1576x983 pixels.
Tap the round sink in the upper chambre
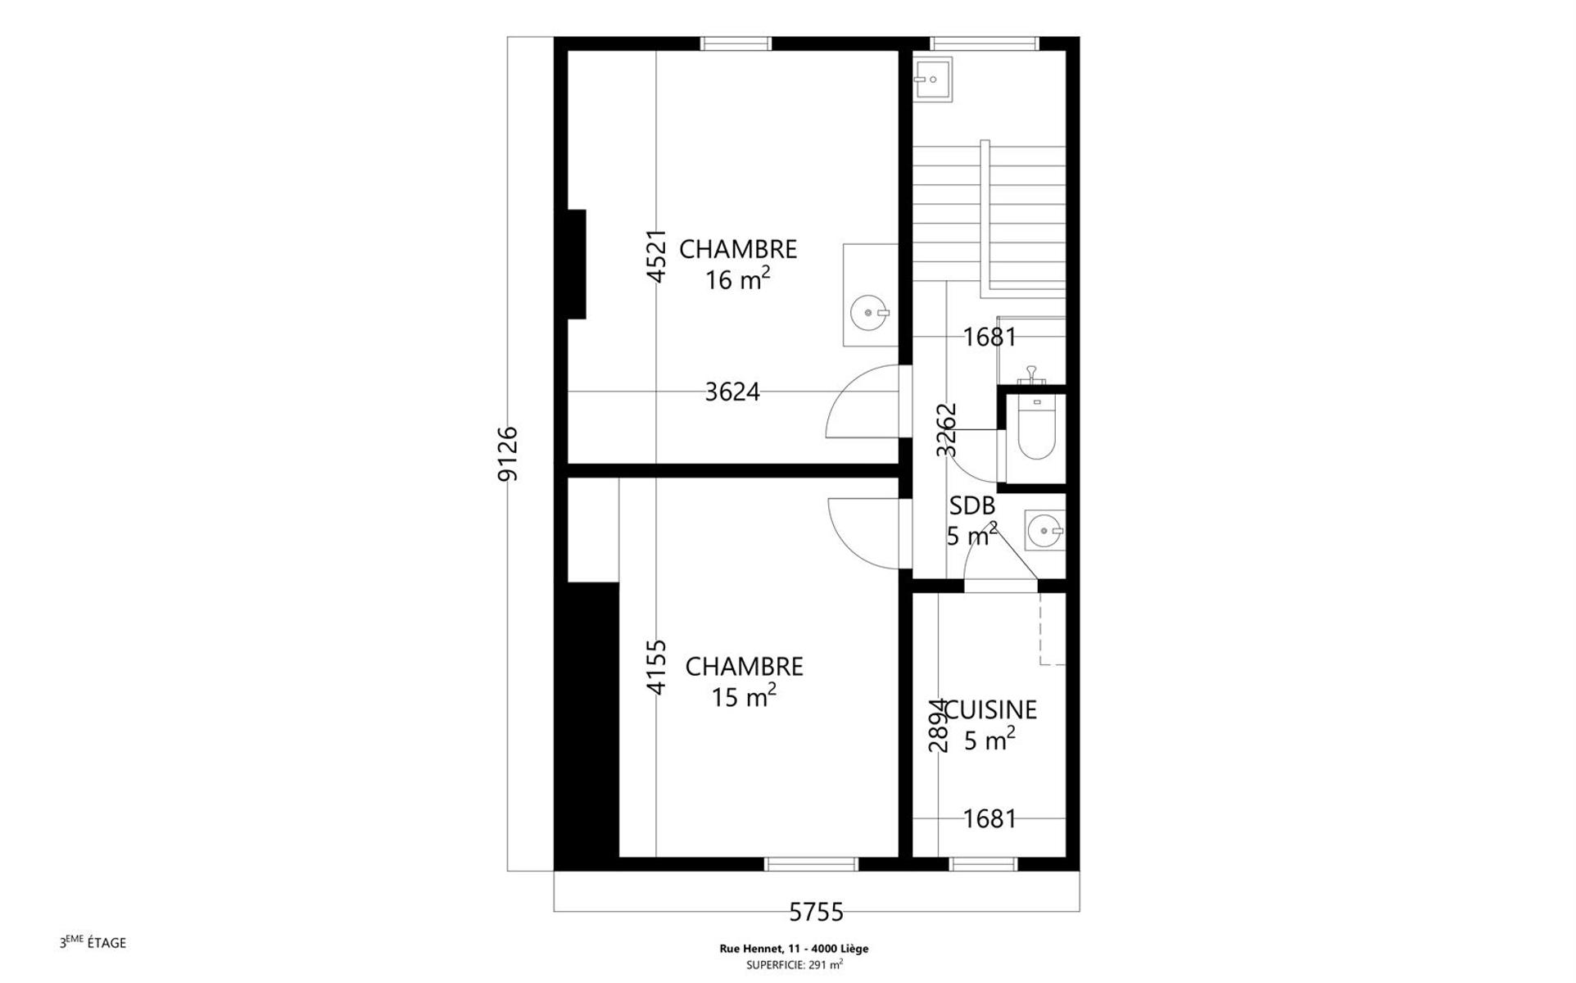tap(870, 312)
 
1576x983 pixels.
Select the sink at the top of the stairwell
tap(933, 79)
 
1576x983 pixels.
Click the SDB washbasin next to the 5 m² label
tap(1045, 531)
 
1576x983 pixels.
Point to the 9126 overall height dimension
tap(508, 454)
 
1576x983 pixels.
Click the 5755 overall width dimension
tap(816, 911)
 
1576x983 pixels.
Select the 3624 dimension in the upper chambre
tap(732, 392)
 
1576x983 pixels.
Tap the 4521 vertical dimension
tap(657, 256)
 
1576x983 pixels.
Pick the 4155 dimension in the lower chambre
tap(657, 668)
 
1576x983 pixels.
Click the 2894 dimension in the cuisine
tap(938, 726)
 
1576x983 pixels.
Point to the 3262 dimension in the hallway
tap(946, 430)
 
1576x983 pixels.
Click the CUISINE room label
tap(990, 709)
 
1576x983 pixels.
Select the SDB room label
tap(972, 505)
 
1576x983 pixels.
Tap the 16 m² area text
tap(737, 279)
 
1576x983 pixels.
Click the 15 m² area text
tap(744, 696)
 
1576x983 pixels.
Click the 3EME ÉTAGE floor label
tap(93, 942)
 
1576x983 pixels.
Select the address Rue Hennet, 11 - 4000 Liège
tap(794, 949)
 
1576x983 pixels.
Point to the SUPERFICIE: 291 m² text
tap(794, 964)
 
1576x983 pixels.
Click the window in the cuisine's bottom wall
tap(983, 864)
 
